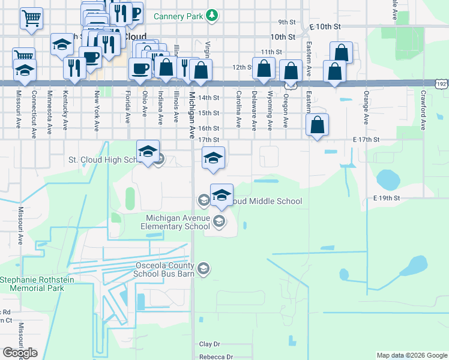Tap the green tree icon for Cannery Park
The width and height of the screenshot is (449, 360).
[211, 15]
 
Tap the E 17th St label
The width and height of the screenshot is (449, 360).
[367, 139]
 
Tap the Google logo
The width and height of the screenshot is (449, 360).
[20, 353]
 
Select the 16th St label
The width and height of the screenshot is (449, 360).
[209, 128]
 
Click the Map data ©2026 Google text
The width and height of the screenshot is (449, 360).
[412, 355]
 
